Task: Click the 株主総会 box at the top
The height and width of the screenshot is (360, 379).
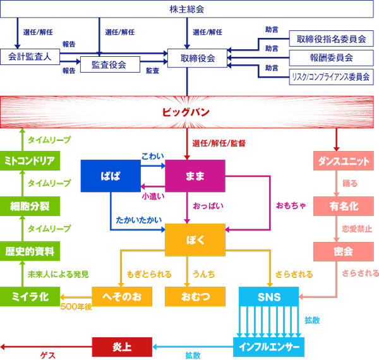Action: [x=187, y=9]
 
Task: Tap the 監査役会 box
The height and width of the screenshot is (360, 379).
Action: [x=109, y=64]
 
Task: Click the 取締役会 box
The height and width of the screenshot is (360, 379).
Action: [x=198, y=58]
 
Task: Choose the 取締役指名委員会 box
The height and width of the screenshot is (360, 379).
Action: [x=331, y=39]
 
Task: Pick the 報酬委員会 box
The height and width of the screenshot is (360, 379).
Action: [x=331, y=58]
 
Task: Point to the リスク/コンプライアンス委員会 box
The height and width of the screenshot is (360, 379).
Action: [x=330, y=77]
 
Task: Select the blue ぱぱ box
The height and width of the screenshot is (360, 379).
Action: [x=110, y=176]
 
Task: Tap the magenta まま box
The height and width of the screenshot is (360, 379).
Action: [x=195, y=176]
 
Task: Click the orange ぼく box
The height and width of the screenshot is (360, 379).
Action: [x=195, y=240]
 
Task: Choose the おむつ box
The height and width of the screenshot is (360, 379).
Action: [x=195, y=296]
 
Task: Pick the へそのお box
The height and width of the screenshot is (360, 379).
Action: [x=123, y=296]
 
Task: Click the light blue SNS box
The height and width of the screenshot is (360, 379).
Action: [x=268, y=296]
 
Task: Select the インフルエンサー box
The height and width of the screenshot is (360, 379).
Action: [x=268, y=346]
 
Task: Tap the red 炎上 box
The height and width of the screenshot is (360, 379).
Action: [x=122, y=346]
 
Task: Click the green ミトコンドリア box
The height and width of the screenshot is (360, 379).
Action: [x=30, y=160]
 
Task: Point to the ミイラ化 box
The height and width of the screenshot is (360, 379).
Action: [x=30, y=296]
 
